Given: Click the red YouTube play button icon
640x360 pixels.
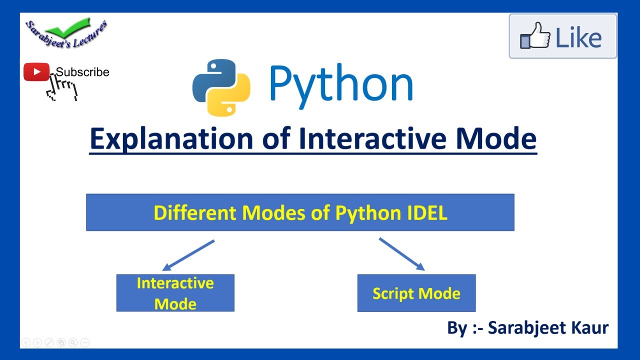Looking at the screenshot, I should (36, 72).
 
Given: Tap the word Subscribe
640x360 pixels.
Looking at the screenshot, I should (82, 72).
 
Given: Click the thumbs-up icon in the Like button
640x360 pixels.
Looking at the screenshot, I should (535, 36).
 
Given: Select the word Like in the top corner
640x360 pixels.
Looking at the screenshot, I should (578, 38).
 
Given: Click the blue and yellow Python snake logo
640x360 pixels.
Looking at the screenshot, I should (221, 87).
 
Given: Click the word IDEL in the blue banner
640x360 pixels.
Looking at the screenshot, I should (424, 213).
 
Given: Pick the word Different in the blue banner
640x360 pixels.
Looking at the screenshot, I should (195, 213).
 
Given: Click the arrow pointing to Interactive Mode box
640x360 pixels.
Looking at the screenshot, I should (188, 255).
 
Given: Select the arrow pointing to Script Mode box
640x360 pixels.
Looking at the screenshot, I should (401, 254).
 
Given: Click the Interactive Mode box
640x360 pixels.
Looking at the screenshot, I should (175, 293).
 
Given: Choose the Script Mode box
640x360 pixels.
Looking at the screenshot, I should (416, 293).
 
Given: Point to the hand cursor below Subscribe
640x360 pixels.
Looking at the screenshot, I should (62, 89).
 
